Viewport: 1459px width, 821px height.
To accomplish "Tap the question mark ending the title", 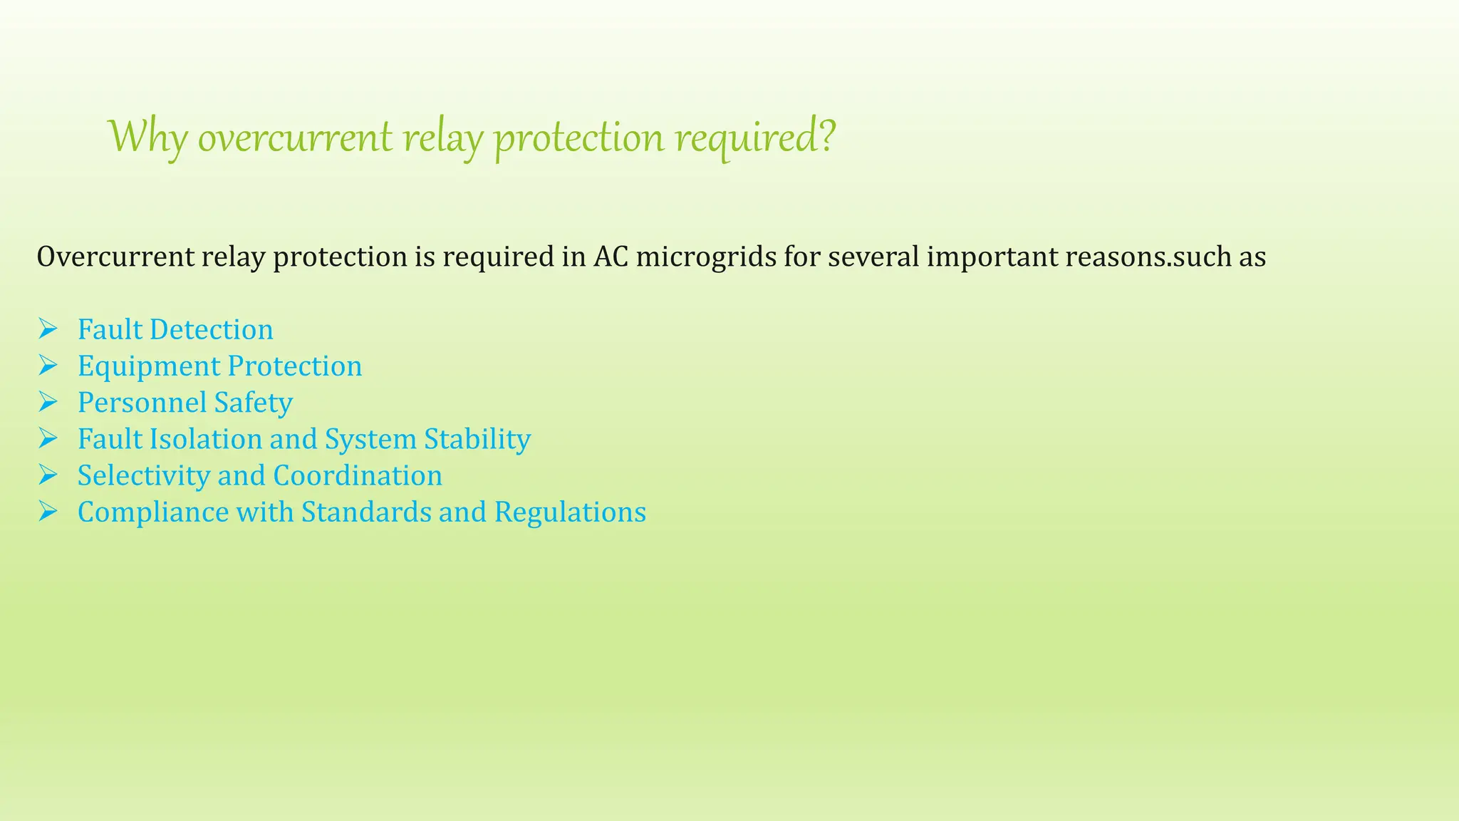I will point(827,135).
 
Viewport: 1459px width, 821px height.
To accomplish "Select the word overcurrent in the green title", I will point(294,137).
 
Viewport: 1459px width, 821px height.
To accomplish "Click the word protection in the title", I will point(580,137).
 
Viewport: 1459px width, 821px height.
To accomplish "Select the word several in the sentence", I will point(873,257).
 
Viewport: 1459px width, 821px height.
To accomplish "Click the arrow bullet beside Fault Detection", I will point(48,329).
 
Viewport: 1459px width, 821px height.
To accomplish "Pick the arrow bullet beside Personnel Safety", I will point(48,402).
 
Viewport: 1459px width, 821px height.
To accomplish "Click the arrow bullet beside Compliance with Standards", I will point(48,512).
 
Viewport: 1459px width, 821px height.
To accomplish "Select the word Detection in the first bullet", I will point(212,330).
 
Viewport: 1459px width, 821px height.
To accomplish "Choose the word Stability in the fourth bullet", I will point(477,439).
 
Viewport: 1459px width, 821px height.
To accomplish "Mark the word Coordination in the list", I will point(358,475).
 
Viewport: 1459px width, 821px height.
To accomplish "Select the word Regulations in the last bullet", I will point(570,512).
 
